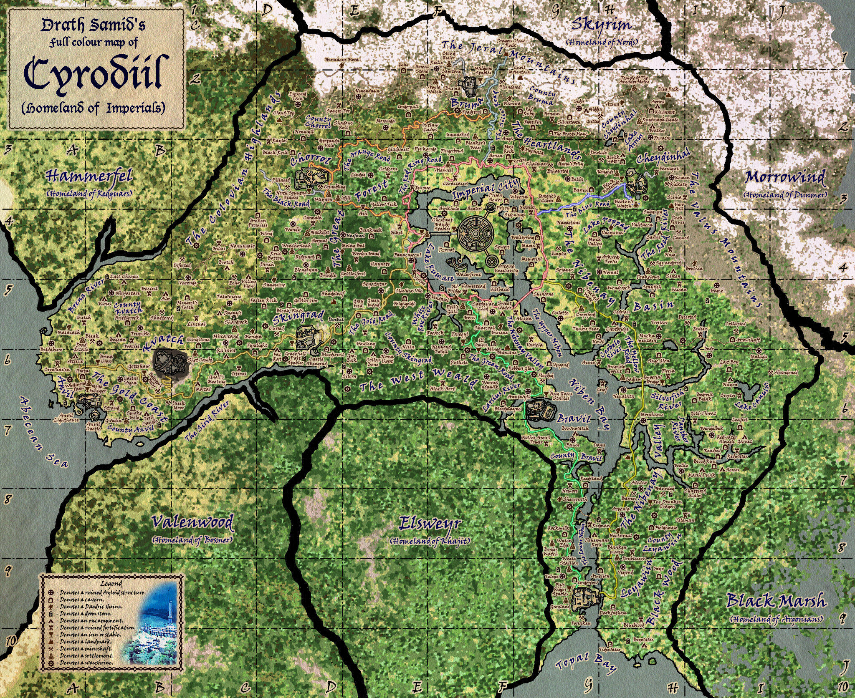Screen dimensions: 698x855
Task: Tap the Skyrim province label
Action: (x=601, y=25)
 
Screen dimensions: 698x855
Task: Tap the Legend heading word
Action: (x=111, y=584)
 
